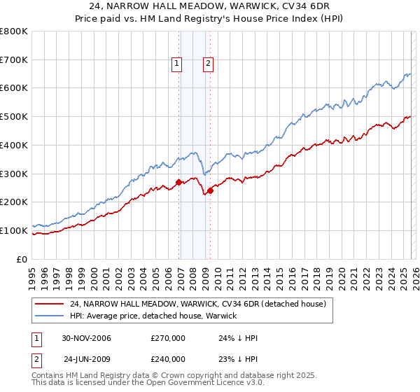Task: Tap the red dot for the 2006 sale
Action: [179, 182]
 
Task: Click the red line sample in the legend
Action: [50, 304]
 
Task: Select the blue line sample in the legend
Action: [50, 316]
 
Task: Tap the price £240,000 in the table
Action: [168, 358]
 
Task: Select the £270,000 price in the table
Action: [168, 338]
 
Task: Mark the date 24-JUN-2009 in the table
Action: [87, 358]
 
